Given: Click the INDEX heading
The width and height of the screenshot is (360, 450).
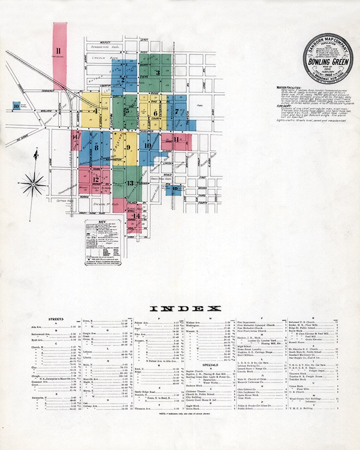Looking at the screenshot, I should pyautogui.click(x=185, y=309).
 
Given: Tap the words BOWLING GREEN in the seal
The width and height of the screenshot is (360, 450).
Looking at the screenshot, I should pyautogui.click(x=328, y=62).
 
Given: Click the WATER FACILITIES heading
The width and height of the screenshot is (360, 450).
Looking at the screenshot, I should pyautogui.click(x=289, y=87).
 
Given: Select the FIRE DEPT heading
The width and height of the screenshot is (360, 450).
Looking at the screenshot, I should pyautogui.click(x=284, y=106).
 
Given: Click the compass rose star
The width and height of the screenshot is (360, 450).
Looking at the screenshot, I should pyautogui.click(x=34, y=183).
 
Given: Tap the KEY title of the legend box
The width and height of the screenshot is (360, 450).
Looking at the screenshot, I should pyautogui.click(x=102, y=222).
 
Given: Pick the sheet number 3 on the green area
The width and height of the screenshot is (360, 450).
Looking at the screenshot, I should pyautogui.click(x=158, y=72).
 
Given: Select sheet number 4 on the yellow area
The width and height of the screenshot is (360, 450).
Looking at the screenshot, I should pyautogui.click(x=96, y=111).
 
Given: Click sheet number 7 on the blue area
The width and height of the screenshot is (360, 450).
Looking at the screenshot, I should pyautogui.click(x=177, y=112).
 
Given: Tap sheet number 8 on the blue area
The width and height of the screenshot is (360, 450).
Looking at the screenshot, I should pyautogui.click(x=96, y=147).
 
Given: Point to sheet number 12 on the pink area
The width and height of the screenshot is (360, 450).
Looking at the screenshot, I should pyautogui.click(x=96, y=179).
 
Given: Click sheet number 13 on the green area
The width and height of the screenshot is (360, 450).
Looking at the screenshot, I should pyautogui.click(x=130, y=183).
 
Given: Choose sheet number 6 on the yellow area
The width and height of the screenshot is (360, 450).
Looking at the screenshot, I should pyautogui.click(x=155, y=113).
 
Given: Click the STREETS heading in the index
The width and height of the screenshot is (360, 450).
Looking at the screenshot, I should pyautogui.click(x=56, y=319).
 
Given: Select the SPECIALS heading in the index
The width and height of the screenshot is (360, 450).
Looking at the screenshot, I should pyautogui.click(x=210, y=365).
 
